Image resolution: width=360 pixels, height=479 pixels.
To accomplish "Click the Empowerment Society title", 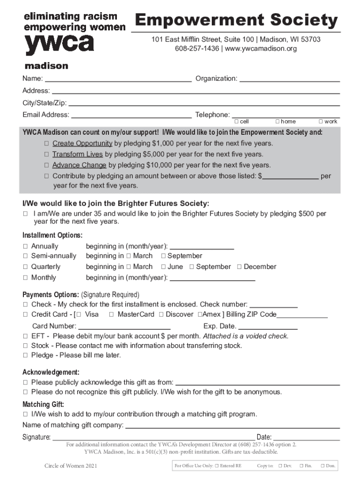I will [236, 21].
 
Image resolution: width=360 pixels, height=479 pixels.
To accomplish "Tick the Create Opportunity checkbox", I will [47, 144].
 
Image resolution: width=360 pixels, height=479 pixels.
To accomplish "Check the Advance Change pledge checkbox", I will [47, 166].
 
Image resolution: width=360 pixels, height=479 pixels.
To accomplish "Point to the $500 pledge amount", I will [307, 214].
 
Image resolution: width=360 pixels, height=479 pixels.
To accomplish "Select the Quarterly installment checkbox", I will [26, 267].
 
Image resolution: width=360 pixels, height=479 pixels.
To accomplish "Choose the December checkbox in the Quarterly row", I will [239, 267].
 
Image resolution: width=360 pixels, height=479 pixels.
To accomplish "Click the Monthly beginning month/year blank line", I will [212, 279].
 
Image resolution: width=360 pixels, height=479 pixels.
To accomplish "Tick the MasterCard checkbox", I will [111, 315].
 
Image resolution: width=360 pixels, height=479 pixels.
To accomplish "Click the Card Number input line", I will [124, 327].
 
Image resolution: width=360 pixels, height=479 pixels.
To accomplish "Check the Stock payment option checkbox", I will [26, 346].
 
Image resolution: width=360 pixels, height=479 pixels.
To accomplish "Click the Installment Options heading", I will [52, 235].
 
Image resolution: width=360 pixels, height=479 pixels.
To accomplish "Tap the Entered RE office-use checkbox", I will [216, 466].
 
